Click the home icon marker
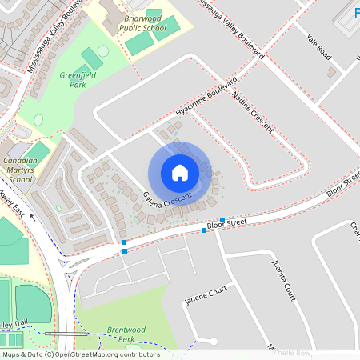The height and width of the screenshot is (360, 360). (x=180, y=173)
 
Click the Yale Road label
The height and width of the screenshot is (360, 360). (x=318, y=46)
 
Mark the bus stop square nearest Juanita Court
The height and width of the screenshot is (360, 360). (x=222, y=220)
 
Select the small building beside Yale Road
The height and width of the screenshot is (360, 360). (x=330, y=72)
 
